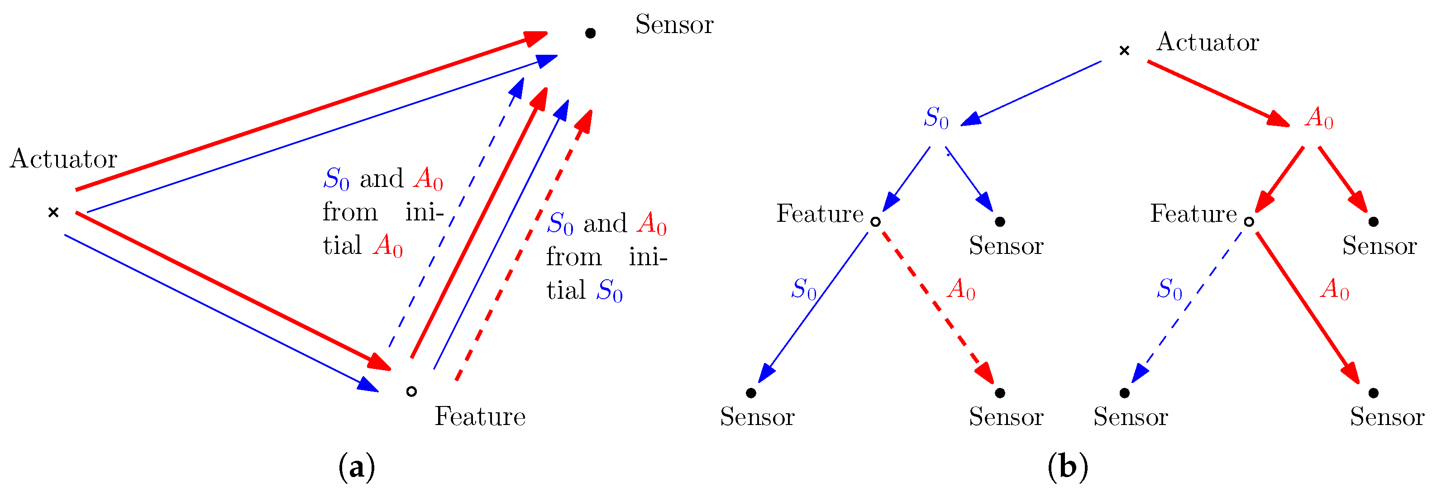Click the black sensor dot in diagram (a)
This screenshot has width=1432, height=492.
pyautogui.click(x=590, y=33)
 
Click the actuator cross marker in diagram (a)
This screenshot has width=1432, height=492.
pyautogui.click(x=53, y=212)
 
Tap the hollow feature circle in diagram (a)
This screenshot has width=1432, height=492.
pyautogui.click(x=411, y=392)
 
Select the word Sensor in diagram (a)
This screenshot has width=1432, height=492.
pyautogui.click(x=674, y=25)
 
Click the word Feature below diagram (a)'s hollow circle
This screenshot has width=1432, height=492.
pyautogui.click(x=480, y=416)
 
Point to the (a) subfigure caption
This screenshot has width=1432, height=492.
pyautogui.click(x=356, y=467)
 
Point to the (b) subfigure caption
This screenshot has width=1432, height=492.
pyautogui.click(x=1067, y=467)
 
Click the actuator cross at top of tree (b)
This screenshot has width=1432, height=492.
pyautogui.click(x=1124, y=51)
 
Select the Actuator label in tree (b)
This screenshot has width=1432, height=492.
pyautogui.click(x=1208, y=42)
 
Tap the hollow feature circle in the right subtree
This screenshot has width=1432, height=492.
pyautogui.click(x=1249, y=222)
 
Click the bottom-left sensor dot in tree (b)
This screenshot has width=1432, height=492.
pyautogui.click(x=751, y=393)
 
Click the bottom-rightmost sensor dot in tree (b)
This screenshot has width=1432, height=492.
pyautogui.click(x=1373, y=393)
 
